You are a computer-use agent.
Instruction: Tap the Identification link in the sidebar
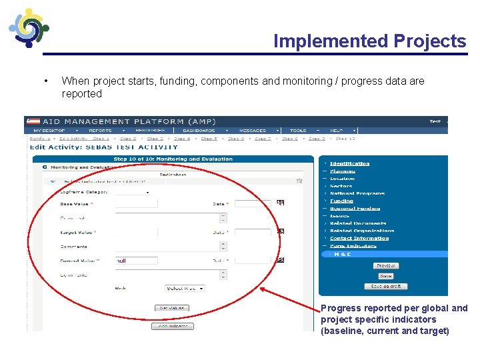tap(349, 163)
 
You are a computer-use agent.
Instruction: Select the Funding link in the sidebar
tap(341, 201)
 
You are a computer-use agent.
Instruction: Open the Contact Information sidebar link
tap(359, 238)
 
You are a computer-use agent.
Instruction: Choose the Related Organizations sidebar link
tap(362, 231)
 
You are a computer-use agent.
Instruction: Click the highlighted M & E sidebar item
tap(343, 254)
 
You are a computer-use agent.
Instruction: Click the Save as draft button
tap(385, 286)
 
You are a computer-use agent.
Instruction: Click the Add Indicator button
tap(172, 327)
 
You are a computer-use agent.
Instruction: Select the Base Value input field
tap(136, 203)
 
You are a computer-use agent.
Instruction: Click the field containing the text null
tap(136, 260)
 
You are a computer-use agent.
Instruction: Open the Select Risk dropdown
tap(185, 288)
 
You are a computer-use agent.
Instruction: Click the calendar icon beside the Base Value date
tap(281, 203)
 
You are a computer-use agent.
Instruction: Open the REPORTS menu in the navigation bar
tap(100, 131)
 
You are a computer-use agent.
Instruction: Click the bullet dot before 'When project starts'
tap(44, 81)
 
